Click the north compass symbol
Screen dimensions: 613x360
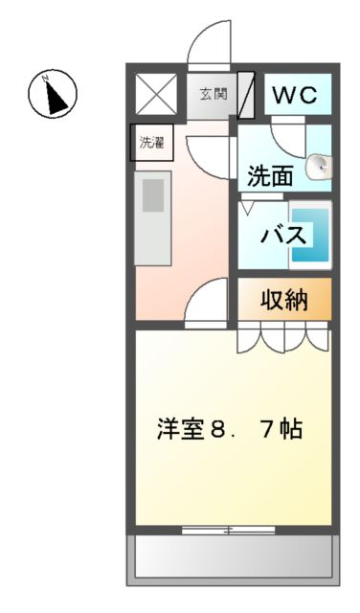click(52, 93)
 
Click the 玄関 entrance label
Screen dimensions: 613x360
click(213, 94)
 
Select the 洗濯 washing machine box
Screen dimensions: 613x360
click(151, 145)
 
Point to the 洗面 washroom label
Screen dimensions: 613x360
click(270, 175)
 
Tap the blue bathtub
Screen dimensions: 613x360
click(310, 235)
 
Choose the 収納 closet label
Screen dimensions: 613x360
click(284, 300)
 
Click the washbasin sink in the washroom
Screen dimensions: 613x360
click(319, 169)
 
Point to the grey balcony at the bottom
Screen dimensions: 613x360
click(233, 556)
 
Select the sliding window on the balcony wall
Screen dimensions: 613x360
click(227, 529)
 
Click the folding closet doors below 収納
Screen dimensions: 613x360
click(284, 337)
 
